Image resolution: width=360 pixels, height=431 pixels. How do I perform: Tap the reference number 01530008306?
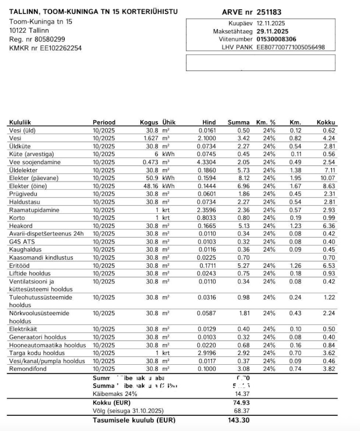point(276,39)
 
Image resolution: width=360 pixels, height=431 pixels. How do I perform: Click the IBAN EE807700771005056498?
point(290,47)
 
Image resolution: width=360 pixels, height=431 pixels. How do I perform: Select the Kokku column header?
point(326,122)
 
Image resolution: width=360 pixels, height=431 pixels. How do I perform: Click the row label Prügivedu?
point(23,193)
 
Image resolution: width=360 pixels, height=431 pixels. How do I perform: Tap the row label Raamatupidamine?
point(33,210)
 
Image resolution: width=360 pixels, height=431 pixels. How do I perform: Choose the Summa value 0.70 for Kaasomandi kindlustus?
point(243,258)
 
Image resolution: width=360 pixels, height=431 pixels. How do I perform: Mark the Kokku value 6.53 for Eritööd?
point(328,266)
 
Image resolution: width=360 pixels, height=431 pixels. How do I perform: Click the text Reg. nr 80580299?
point(37,39)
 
